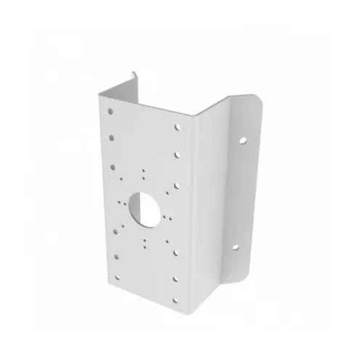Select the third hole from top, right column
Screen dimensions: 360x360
pos(178,184)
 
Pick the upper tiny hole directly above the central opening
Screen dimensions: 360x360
pos(144,171)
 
